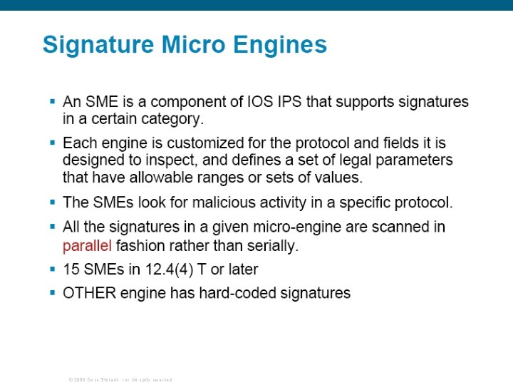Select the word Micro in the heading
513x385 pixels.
(x=187, y=45)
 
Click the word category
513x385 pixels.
(x=175, y=118)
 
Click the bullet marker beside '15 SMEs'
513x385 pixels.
(x=52, y=269)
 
